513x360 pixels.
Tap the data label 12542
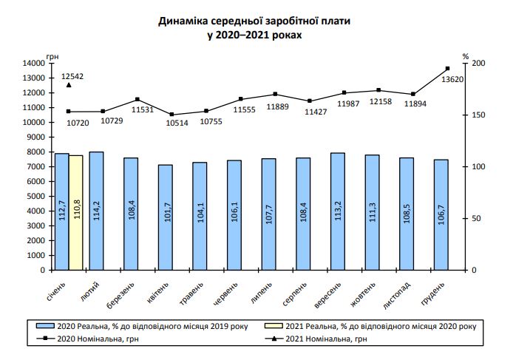[72, 76]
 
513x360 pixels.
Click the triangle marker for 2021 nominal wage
[69, 85]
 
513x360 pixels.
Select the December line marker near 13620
[447, 69]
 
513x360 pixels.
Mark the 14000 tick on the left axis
[35, 64]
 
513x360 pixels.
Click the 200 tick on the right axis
[479, 64]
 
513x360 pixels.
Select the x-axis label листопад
[399, 293]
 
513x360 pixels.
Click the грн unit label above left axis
[52, 55]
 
